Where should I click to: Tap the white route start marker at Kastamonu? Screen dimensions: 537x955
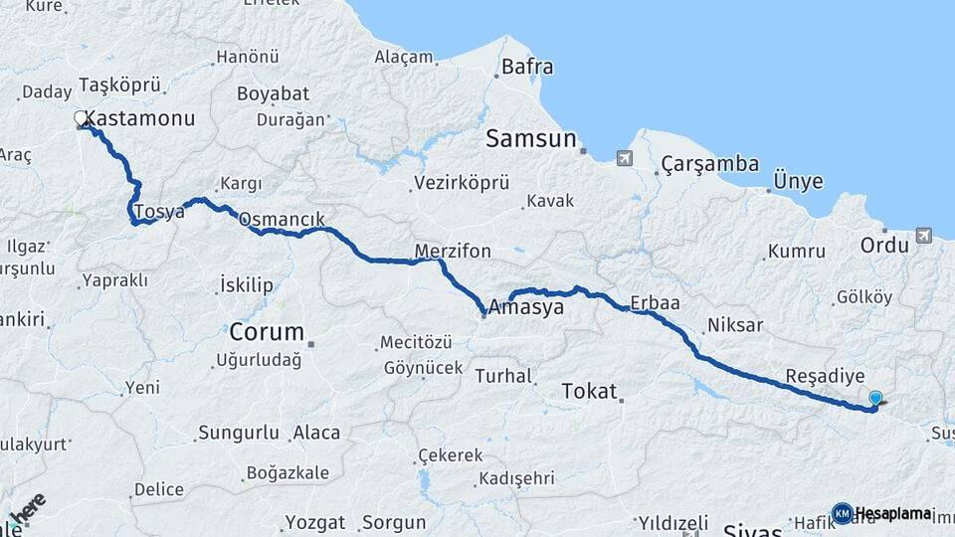click(x=82, y=119)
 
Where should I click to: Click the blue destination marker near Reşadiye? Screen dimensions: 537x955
click(x=875, y=399)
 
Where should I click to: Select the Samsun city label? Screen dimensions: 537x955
click(x=531, y=139)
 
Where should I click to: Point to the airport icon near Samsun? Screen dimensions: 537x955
click(x=624, y=158)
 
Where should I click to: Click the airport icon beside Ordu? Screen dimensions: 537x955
click(x=924, y=235)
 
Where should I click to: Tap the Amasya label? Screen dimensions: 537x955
click(x=526, y=308)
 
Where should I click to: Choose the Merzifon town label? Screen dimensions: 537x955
click(x=453, y=251)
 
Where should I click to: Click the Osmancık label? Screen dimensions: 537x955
click(x=282, y=219)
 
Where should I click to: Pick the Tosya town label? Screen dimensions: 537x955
click(x=158, y=211)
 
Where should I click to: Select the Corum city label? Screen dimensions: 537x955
click(x=266, y=331)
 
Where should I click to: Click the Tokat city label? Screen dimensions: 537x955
click(x=589, y=391)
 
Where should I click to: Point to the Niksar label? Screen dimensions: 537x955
click(x=734, y=325)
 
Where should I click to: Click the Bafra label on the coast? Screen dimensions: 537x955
click(x=527, y=69)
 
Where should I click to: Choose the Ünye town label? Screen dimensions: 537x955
click(x=799, y=181)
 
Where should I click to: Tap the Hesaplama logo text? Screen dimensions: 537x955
click(x=892, y=514)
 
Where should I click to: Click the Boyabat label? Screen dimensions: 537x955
click(x=273, y=94)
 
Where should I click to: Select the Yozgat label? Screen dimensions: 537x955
click(x=315, y=522)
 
